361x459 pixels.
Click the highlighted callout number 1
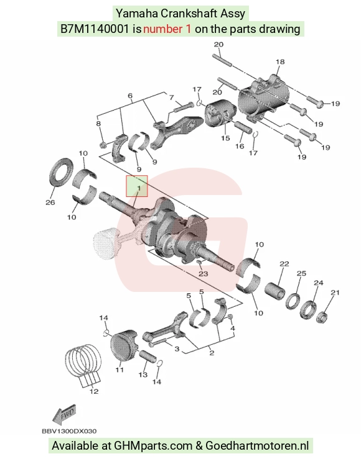139,188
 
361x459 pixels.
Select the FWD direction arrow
64,414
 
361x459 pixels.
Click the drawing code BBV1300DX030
69,431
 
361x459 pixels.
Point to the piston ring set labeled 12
82,360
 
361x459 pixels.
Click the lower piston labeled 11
124,347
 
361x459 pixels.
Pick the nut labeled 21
322,317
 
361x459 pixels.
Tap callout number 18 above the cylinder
280,61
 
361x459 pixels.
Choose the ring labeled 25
293,302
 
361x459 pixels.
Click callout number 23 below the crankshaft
204,273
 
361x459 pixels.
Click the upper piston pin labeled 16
243,127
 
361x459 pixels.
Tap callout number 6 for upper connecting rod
130,96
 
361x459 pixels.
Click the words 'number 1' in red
167,29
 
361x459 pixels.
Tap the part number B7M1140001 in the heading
95,29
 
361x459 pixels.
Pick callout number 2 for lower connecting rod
212,353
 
